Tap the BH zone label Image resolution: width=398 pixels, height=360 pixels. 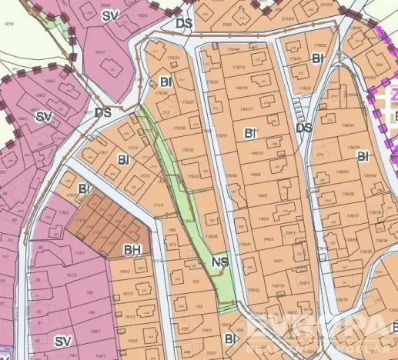132,249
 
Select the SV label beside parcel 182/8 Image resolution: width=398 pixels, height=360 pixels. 111,15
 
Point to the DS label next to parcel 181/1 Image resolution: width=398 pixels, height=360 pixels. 104,112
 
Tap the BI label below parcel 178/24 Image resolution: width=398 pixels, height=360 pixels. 166,82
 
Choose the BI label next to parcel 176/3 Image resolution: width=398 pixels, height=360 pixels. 84,188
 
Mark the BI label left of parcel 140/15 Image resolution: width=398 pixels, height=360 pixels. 249,134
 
